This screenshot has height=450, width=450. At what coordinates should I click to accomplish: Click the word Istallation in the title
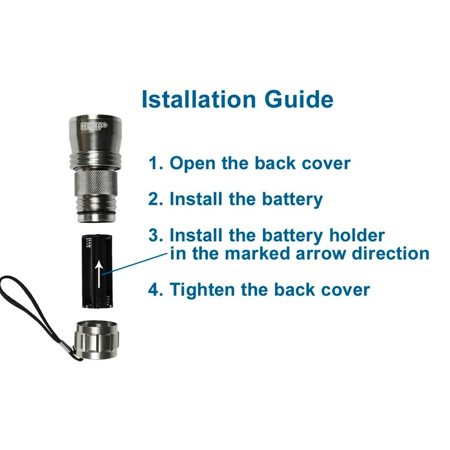(x=198, y=98)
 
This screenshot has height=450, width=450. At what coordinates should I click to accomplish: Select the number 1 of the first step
(x=155, y=163)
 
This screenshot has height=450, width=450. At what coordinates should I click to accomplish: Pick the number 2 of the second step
(x=155, y=199)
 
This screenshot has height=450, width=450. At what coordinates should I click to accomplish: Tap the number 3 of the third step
(x=155, y=235)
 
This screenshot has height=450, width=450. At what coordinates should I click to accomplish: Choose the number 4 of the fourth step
(x=155, y=290)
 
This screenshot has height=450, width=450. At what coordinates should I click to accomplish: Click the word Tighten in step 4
(x=202, y=290)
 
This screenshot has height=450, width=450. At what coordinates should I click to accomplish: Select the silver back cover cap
(x=97, y=339)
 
